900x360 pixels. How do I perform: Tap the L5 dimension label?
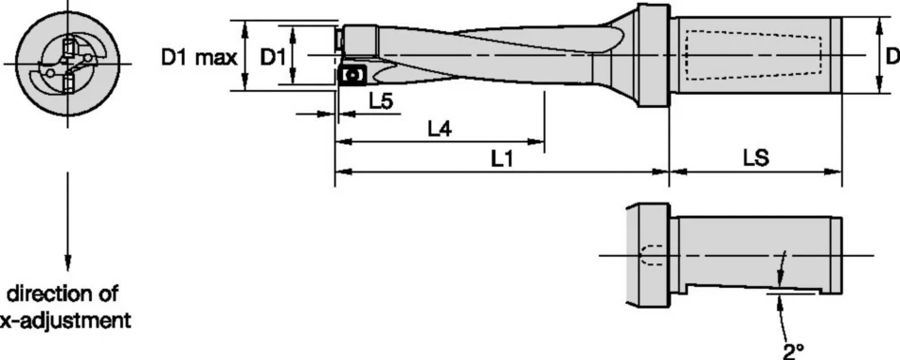[x=382, y=101]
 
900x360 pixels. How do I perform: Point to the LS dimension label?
[x=754, y=161]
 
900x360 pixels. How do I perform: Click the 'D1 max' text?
[x=198, y=58]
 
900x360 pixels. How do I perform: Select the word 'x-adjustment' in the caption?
[x=66, y=320]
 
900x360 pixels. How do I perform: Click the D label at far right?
[x=891, y=58]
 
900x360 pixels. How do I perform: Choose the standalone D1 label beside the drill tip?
[x=273, y=58]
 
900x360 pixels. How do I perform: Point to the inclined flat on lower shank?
[x=758, y=286]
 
